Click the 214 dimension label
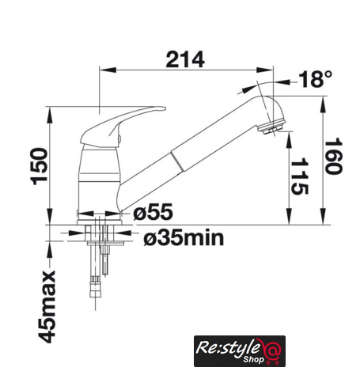(185, 59)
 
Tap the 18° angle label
(315, 79)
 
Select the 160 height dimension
(333, 157)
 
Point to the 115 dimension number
(299, 176)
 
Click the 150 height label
(39, 166)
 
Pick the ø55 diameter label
(153, 211)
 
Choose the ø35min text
(184, 238)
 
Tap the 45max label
(47, 307)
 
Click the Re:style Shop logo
(240, 351)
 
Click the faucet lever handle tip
(164, 108)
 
